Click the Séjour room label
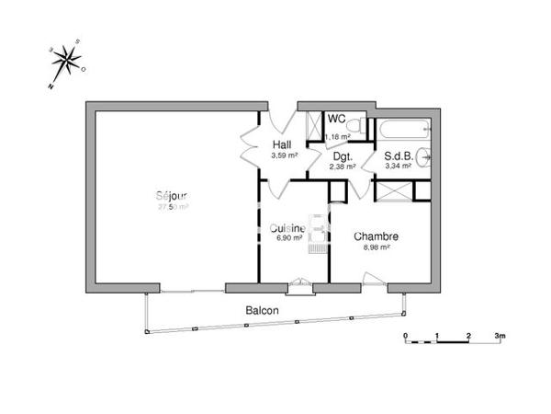[173, 196]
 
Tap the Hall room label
[283, 145]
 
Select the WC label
[336, 120]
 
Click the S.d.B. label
[397, 156]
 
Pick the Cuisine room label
[287, 228]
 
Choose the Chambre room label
[376, 236]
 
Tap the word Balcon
[262, 311]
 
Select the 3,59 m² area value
[284, 155]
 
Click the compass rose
[66, 60]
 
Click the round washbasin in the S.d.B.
[424, 156]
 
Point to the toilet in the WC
[359, 126]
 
